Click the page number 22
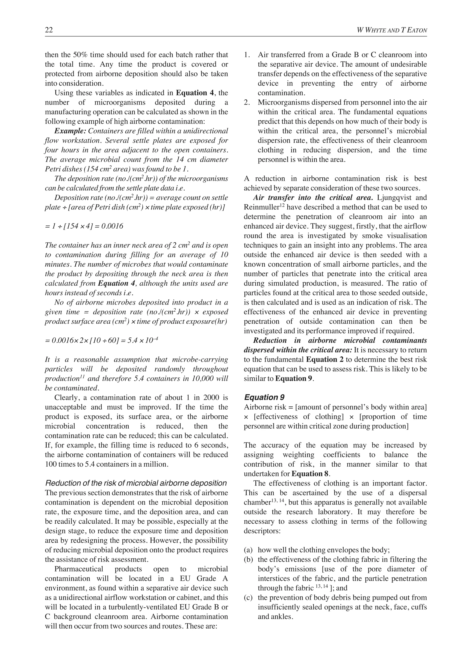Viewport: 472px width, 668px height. tap(49, 30)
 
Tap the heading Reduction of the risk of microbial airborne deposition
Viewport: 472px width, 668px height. tap(136, 483)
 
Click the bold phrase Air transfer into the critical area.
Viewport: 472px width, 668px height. tap(313, 197)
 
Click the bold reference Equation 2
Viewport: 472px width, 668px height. tap(325, 359)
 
